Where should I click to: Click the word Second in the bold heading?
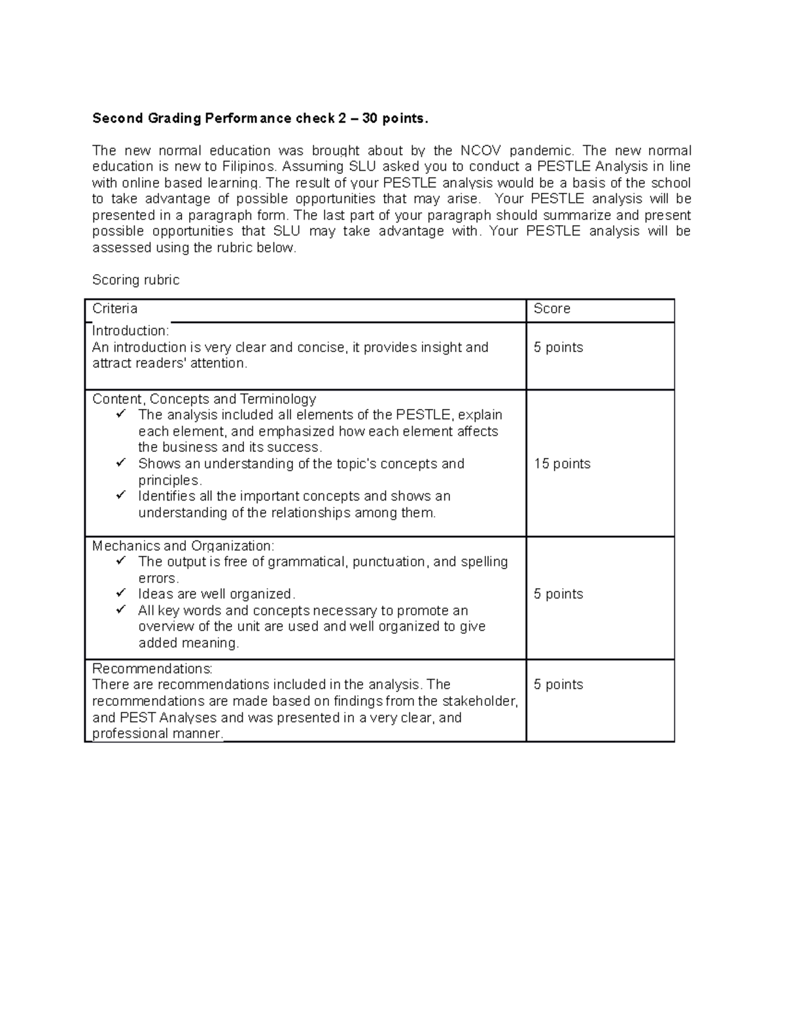tap(118, 118)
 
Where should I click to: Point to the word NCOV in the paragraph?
tap(481, 150)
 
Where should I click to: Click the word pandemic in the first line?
tap(540, 150)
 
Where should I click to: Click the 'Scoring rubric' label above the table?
tap(135, 280)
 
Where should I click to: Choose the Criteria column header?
tap(114, 309)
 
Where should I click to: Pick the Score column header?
tap(551, 309)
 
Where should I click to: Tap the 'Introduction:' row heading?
tap(130, 331)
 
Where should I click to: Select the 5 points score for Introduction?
tap(558, 347)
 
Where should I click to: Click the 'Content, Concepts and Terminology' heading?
tap(204, 399)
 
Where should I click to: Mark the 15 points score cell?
tap(562, 464)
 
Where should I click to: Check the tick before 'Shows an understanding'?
tap(121, 463)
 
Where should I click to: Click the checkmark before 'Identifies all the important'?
tap(121, 496)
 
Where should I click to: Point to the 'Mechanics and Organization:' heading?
tap(183, 546)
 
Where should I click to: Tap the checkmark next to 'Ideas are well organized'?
tap(121, 593)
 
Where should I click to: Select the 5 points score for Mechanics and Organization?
tap(558, 594)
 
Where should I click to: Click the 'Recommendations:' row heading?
tap(152, 669)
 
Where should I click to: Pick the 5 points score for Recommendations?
tap(558, 685)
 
